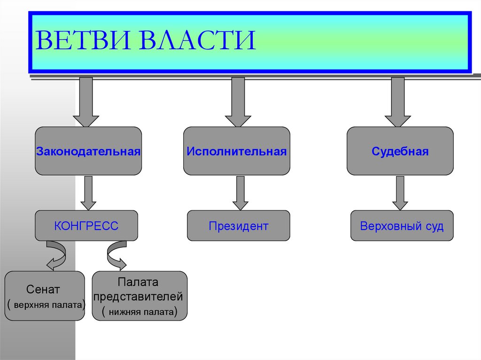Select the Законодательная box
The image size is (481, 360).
[x=88, y=151]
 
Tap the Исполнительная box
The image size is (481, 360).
[x=236, y=151]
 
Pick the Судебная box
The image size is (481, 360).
[x=400, y=151]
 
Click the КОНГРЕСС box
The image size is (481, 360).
[x=86, y=226]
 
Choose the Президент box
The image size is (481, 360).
[x=239, y=226]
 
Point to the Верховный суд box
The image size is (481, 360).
[x=402, y=226]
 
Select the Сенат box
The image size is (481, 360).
[x=45, y=296]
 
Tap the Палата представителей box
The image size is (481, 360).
[x=140, y=296]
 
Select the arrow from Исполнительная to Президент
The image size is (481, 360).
[x=240, y=192]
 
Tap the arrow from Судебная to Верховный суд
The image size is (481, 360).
[x=400, y=192]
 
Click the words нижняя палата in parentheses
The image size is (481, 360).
[x=140, y=311]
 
